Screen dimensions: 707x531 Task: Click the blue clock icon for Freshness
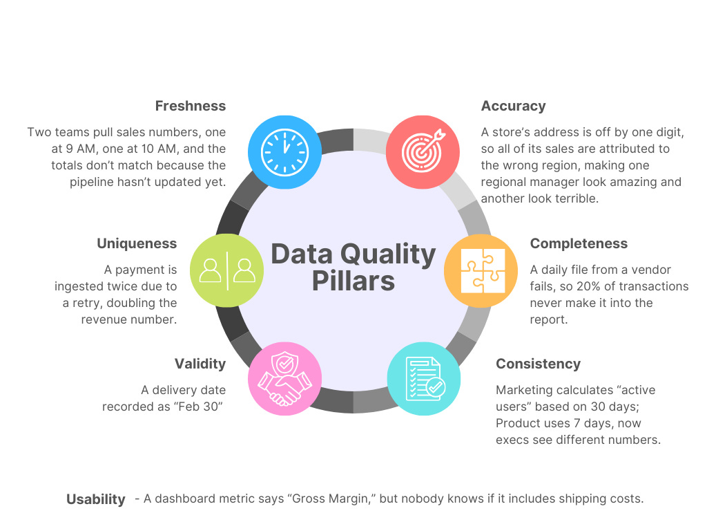pyautogui.click(x=284, y=151)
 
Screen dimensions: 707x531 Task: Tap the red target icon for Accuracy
pyautogui.click(x=422, y=151)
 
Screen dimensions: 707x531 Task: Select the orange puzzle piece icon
pyautogui.click(x=479, y=271)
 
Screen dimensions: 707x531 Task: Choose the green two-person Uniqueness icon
pyautogui.click(x=226, y=271)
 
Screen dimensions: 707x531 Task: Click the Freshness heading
pyautogui.click(x=190, y=106)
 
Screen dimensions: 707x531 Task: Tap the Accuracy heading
pyautogui.click(x=513, y=106)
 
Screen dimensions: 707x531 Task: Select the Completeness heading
pyautogui.click(x=579, y=243)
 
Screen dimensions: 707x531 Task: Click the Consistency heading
pyautogui.click(x=538, y=364)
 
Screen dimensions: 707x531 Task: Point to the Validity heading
pyautogui.click(x=200, y=364)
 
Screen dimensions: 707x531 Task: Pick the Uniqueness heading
pyautogui.click(x=137, y=243)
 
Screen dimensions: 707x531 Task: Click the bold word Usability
pyautogui.click(x=96, y=499)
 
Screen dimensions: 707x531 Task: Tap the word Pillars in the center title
pyautogui.click(x=353, y=281)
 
